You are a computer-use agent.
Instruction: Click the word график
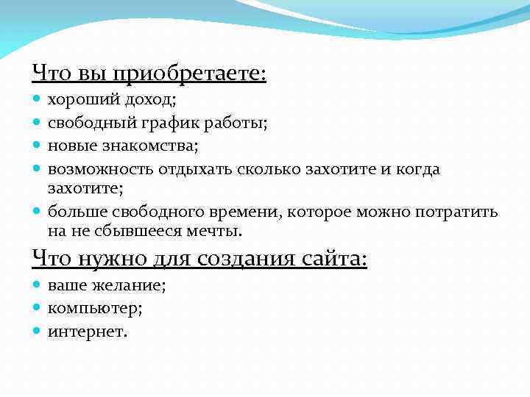click(x=167, y=124)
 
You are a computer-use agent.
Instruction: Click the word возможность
click(x=101, y=169)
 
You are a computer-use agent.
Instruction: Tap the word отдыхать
click(x=194, y=169)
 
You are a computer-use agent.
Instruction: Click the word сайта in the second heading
click(x=331, y=259)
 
